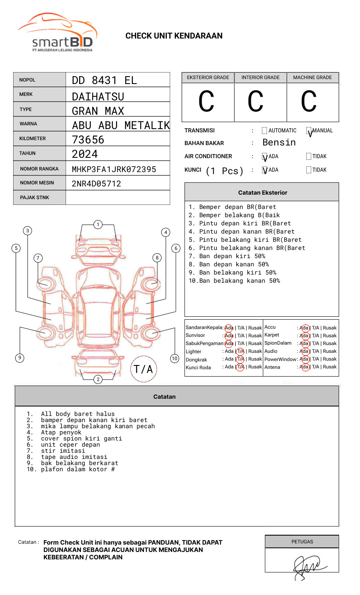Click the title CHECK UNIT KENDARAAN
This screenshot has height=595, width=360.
click(x=174, y=36)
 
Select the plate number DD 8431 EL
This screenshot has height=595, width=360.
click(x=104, y=80)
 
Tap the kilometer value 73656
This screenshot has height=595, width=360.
click(x=88, y=140)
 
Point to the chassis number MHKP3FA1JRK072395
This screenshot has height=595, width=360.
click(x=114, y=169)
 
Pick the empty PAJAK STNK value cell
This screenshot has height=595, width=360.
click(x=118, y=198)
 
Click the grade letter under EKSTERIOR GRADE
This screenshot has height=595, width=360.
click(x=206, y=102)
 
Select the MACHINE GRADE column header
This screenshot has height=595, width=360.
click(x=312, y=77)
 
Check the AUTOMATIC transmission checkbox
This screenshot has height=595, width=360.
click(x=264, y=131)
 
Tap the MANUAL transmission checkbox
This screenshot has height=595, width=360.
click(x=309, y=131)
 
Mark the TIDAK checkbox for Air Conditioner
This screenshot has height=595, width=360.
click(x=309, y=157)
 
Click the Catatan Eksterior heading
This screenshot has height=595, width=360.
click(x=262, y=193)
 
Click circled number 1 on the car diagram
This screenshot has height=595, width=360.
click(x=98, y=225)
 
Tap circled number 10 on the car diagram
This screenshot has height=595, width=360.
click(x=175, y=359)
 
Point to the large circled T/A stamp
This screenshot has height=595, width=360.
click(x=144, y=369)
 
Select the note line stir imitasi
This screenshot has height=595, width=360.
click(x=63, y=451)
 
